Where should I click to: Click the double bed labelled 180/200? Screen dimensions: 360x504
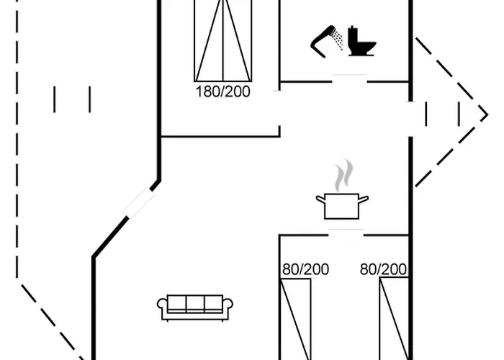223,40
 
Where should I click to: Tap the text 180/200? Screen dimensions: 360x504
223,92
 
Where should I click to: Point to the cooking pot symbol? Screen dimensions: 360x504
342,206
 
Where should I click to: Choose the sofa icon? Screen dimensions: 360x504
195,307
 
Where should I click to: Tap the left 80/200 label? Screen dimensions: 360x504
305,269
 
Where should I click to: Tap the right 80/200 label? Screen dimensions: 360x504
383,269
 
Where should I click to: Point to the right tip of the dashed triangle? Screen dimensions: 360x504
487,114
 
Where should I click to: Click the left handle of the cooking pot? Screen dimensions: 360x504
320,199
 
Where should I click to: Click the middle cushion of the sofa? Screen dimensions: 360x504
195,304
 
